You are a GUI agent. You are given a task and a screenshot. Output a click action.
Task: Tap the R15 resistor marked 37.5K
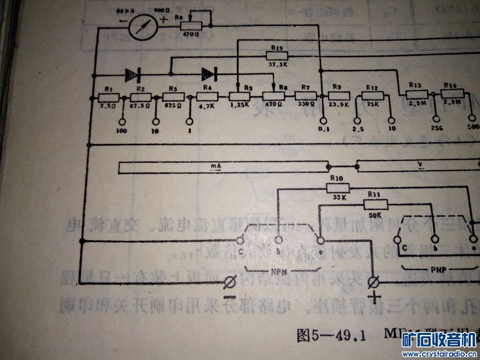277,56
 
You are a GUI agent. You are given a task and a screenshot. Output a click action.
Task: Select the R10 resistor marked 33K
337,187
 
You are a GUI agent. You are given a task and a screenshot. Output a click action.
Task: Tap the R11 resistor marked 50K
376,204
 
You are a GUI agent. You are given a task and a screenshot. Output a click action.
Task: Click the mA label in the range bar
216,166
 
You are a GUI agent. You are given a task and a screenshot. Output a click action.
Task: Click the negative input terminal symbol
230,283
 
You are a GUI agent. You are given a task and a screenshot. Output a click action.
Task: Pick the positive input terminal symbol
374,282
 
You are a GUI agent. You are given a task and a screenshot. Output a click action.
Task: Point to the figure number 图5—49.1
330,335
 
